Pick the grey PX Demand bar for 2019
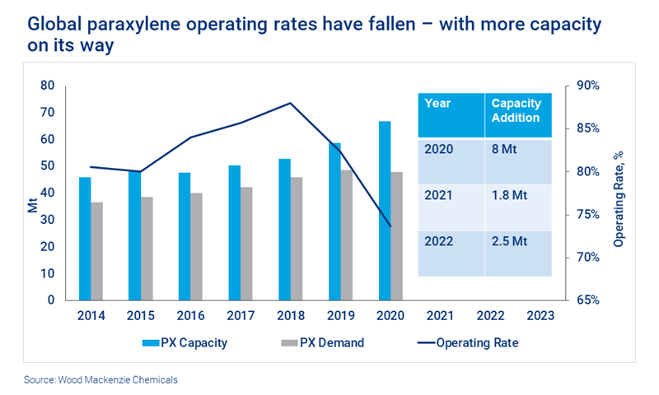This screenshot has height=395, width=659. (347, 235)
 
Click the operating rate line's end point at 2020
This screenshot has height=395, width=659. (390, 226)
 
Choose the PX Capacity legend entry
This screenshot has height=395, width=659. (178, 342)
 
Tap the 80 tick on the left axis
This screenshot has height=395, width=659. (47, 86)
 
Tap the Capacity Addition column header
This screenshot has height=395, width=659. (516, 110)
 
